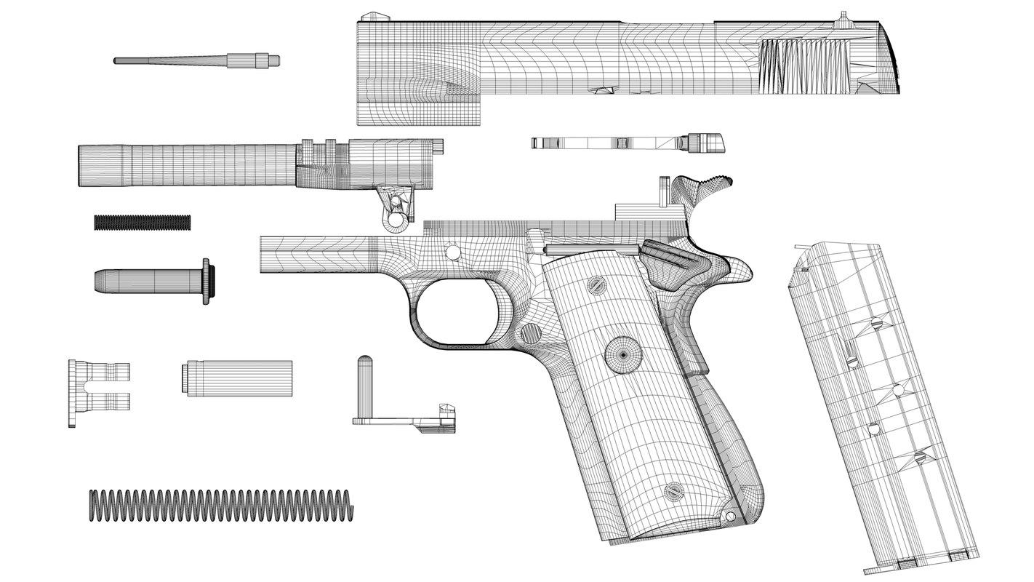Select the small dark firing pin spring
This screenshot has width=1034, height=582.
143,223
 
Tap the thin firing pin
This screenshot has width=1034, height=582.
196,60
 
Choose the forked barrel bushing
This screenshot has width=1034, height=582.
97,392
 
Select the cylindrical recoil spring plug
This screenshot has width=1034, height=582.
237,378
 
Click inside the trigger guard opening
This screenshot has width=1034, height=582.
455,313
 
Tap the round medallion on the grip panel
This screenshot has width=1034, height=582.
623,354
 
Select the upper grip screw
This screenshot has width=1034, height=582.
598,286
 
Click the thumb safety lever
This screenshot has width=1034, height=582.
665,255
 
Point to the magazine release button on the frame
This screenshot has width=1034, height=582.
532,334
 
